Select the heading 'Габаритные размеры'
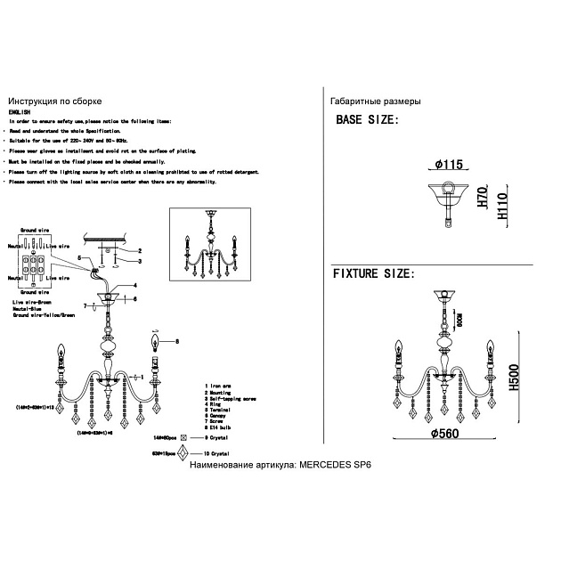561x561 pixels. tap(375, 102)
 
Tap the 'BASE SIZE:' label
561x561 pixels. tap(366, 121)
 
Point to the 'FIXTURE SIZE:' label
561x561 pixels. tap(373, 274)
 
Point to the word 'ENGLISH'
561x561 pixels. tap(20, 112)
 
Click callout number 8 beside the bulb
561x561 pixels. tap(176, 341)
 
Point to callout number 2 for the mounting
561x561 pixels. tap(139, 250)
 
